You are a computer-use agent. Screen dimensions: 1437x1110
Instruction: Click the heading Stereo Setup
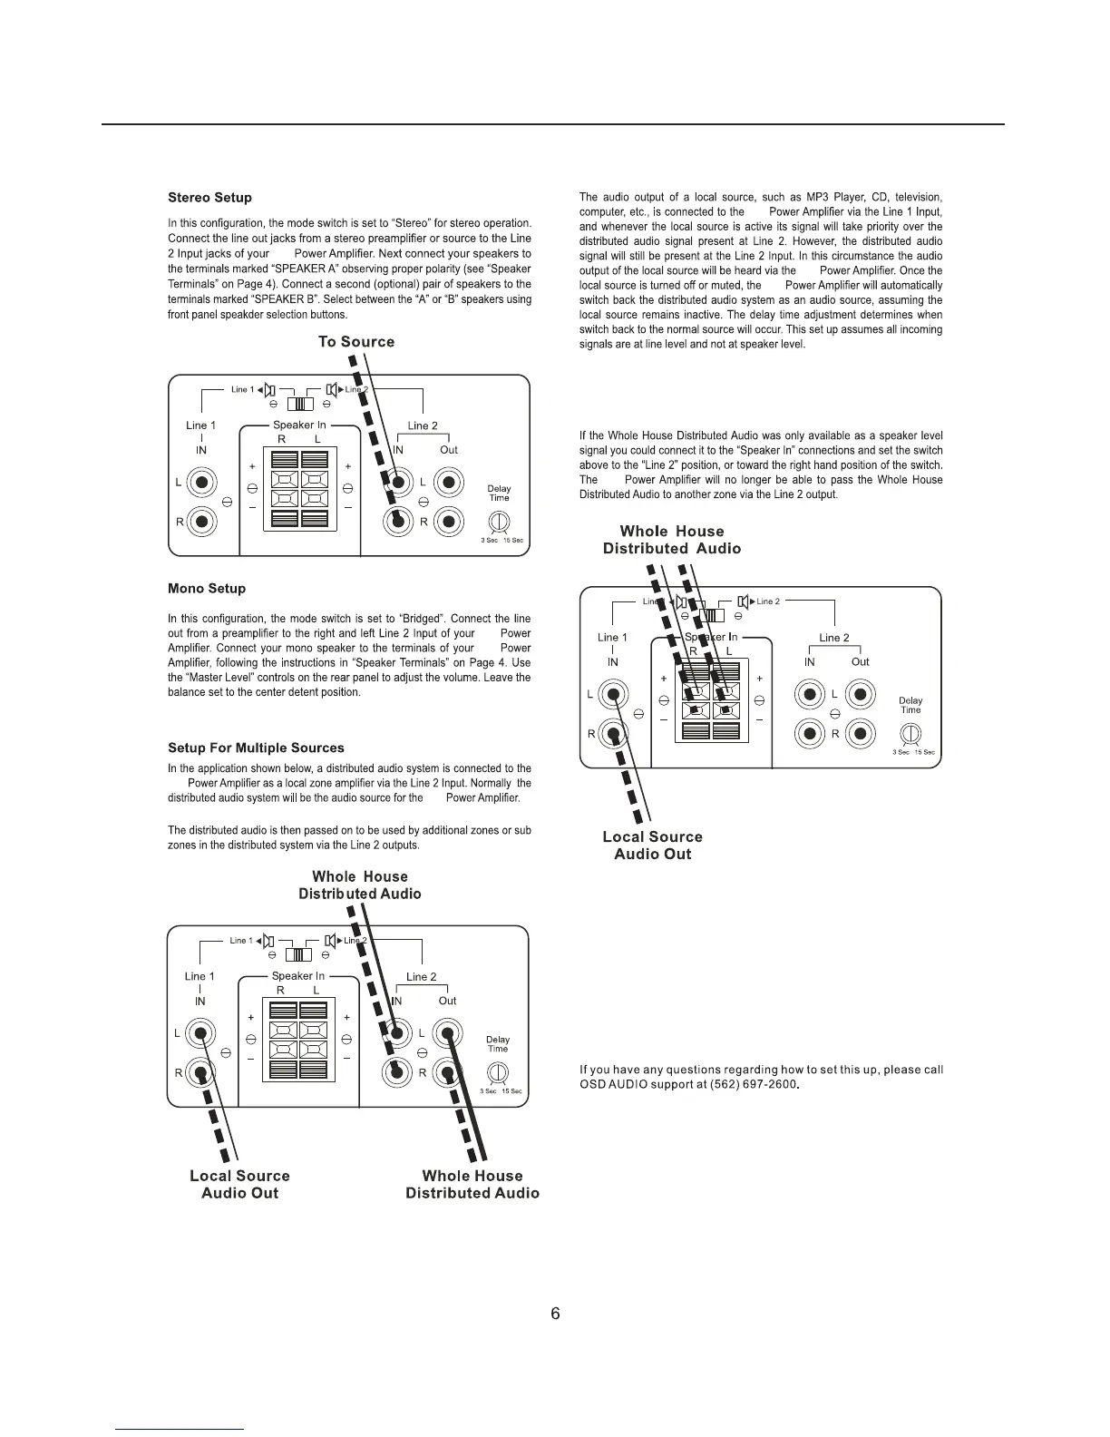(209, 198)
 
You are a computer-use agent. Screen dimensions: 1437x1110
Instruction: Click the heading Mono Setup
(207, 589)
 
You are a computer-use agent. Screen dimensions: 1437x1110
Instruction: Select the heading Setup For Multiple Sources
(256, 748)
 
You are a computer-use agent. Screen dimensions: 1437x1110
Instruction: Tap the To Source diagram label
(356, 342)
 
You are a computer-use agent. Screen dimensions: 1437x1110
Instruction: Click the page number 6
(555, 1314)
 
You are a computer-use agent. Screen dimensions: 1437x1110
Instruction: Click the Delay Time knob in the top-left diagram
(499, 522)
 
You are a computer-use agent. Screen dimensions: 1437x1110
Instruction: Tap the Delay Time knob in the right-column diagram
(910, 733)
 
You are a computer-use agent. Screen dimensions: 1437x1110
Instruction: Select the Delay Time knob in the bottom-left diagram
(498, 1072)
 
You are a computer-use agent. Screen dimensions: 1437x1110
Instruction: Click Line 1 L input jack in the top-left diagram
(201, 482)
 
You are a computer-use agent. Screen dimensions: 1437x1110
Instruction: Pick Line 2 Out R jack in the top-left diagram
(449, 522)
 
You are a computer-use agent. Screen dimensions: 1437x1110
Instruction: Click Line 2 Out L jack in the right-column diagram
(861, 694)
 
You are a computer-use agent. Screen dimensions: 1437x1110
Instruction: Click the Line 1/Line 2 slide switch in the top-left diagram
(299, 405)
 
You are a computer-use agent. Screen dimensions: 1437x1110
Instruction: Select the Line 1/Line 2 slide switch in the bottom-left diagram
(298, 954)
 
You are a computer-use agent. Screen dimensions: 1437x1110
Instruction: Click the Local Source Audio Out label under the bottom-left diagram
(239, 1185)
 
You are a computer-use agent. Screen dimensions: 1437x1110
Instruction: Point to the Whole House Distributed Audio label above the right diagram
(672, 540)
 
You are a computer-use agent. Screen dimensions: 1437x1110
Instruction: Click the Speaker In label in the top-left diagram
(299, 425)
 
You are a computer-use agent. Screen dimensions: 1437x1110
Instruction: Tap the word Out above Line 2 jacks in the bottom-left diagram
(447, 1001)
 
